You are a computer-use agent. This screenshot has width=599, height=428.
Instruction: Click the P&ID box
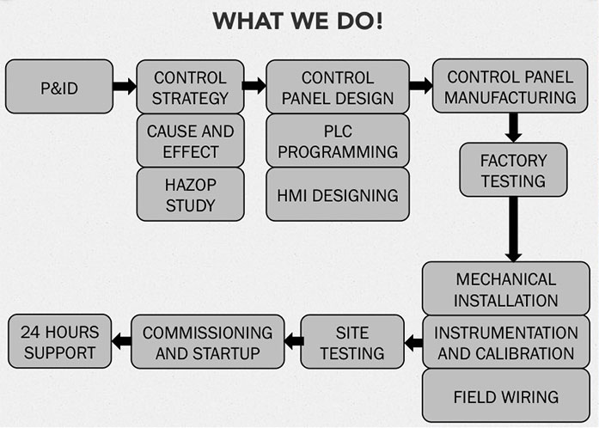59,87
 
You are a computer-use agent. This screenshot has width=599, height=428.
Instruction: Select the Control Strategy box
190,87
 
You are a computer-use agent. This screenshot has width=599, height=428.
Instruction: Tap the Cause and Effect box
190,141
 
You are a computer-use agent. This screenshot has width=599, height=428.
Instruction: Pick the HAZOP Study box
190,194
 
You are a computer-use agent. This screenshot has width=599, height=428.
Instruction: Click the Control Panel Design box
338,87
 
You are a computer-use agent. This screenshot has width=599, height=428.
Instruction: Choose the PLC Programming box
338,141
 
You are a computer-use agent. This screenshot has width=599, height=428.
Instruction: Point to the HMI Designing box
338,194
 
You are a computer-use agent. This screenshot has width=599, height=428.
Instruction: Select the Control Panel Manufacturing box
511,87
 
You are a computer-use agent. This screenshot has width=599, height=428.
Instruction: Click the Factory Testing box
513,169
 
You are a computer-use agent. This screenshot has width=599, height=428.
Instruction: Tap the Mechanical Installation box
506,290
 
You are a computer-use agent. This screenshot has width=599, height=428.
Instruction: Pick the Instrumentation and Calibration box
506,343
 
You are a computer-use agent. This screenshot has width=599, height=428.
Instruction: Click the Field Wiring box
506,396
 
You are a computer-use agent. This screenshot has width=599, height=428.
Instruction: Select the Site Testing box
352,342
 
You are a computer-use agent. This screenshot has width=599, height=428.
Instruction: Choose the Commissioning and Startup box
207,342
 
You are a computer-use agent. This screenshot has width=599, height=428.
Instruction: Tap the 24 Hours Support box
60,342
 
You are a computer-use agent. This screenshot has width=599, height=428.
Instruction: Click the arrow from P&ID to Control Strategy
125,86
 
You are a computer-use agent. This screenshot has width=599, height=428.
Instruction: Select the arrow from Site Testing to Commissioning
292,342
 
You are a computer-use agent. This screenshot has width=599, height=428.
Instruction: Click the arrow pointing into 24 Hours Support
121,342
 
